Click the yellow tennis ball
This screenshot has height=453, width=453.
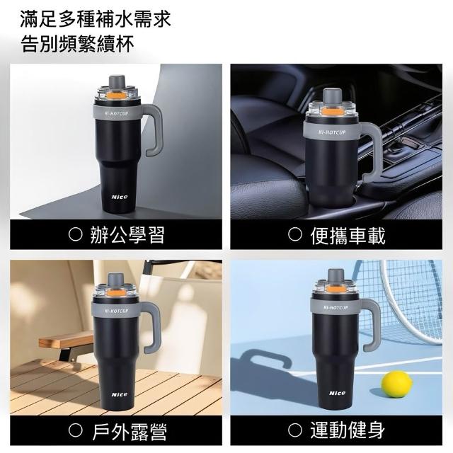(396, 385)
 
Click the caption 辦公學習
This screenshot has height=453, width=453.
(127, 234)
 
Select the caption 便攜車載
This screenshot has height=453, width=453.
(348, 234)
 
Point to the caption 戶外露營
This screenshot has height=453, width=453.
(129, 431)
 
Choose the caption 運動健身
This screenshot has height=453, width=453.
(348, 430)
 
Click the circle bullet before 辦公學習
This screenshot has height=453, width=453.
(76, 234)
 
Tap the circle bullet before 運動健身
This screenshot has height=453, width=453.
(295, 430)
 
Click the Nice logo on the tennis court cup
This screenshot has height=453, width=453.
(337, 393)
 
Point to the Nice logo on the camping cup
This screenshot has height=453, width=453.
(120, 394)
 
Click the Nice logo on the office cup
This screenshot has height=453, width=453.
(120, 197)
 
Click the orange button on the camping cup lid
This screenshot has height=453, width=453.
(114, 292)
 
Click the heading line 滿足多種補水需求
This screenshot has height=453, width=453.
(96, 19)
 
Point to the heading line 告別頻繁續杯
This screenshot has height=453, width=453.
(77, 44)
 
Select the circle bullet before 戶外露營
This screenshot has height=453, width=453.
(76, 431)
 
